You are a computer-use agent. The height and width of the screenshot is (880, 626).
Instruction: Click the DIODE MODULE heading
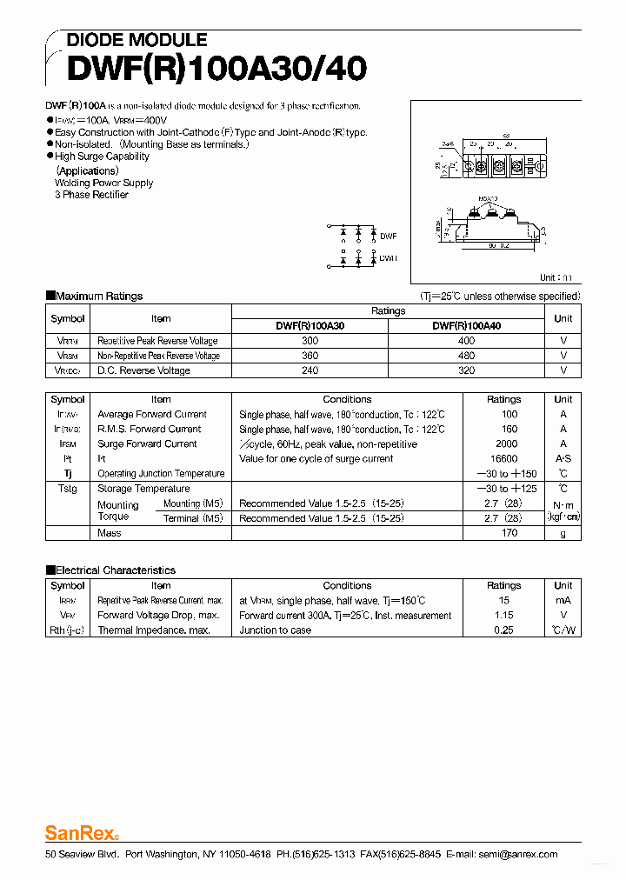pos(137,40)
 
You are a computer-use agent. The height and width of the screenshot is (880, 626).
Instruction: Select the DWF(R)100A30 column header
pos(310,326)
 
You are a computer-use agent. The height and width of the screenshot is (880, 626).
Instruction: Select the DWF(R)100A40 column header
pos(466,326)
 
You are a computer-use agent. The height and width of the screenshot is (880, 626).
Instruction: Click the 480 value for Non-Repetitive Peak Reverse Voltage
pos(466,356)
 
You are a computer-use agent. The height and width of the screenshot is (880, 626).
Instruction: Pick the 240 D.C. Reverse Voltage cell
pos(310,370)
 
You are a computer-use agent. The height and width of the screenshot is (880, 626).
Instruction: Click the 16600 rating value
pos(503,458)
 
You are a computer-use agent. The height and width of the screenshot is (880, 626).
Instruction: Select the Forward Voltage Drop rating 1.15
pos(503,615)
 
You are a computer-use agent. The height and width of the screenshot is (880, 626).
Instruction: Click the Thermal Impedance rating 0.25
pos(503,630)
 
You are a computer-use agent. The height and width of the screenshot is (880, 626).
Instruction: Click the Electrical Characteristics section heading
pos(115,570)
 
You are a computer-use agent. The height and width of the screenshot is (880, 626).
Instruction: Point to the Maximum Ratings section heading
pos(98,297)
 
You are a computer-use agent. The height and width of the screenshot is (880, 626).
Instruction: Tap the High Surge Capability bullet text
pos(102,157)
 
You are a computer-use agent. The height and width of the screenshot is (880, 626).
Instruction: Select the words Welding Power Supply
pos(103,183)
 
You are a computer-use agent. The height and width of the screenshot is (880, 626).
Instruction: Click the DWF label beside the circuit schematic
pos(388,236)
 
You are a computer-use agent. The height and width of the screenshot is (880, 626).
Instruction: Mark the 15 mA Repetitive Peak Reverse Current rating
pos(503,600)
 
